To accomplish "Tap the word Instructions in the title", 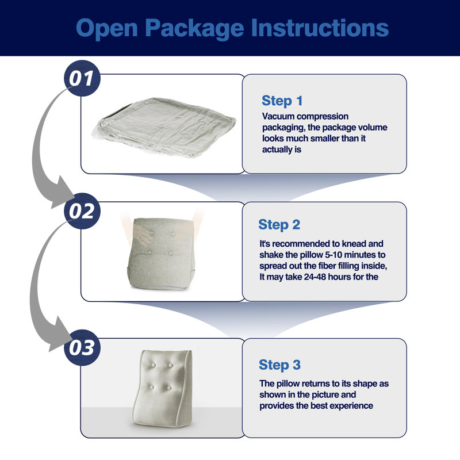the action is point(320,28).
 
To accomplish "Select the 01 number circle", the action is point(82,78).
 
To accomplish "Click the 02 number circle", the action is point(82,211).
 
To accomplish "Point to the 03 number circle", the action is point(82,347).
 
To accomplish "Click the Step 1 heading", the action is point(282,101).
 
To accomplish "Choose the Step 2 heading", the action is point(279,225).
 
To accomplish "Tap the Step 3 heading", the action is point(279,365).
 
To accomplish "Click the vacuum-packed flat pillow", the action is point(164,126).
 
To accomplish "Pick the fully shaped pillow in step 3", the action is point(163,388).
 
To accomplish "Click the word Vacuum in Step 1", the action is point(278,117).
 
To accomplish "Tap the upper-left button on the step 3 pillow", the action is point(153,365).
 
